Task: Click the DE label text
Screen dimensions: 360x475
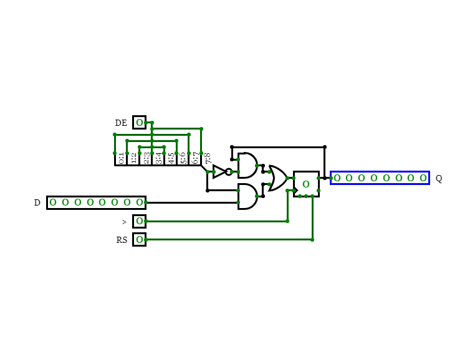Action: tap(121, 123)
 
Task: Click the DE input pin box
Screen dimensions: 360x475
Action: tap(139, 123)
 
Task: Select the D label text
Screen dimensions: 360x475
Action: tap(37, 202)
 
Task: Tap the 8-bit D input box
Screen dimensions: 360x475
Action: tap(96, 202)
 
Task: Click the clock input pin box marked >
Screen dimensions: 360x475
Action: tap(139, 221)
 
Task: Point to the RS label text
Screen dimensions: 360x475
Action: tap(122, 240)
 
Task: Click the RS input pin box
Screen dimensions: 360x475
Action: tap(139, 240)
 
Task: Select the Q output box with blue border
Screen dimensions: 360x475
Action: tap(380, 178)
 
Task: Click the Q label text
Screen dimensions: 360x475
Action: tap(439, 178)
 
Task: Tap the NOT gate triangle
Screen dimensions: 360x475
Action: tap(219, 172)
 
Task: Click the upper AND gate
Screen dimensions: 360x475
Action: tap(247, 166)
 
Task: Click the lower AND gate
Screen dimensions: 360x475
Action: tap(247, 196)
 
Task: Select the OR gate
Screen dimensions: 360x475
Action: tap(277, 178)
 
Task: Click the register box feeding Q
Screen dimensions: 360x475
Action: tap(306, 184)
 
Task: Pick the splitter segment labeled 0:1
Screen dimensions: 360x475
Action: tap(121, 158)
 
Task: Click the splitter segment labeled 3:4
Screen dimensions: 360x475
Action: tap(158, 158)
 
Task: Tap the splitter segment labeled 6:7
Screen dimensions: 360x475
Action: tap(195, 158)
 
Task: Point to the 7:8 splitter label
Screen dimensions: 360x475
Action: tap(208, 158)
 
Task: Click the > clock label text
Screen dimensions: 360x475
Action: tap(124, 222)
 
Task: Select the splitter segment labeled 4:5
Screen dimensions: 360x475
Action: tap(171, 158)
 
